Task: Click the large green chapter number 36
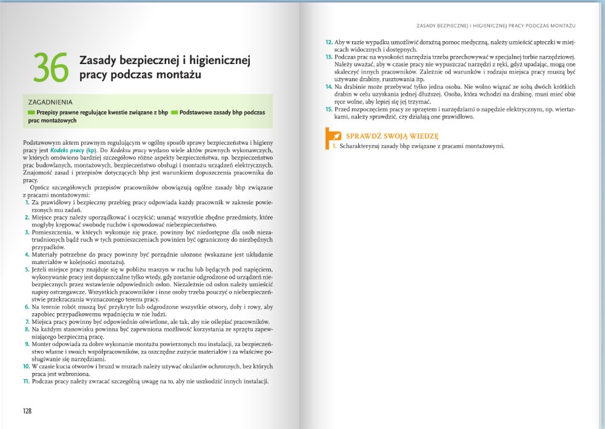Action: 51,67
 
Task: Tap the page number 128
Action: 27,411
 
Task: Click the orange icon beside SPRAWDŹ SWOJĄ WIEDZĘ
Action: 333,135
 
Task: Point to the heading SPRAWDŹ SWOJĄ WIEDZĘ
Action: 391,136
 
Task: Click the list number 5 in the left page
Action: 26,270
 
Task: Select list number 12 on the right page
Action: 329,42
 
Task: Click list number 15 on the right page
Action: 329,109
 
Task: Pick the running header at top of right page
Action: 496,26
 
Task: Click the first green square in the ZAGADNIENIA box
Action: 31,113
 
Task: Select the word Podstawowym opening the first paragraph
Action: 44,142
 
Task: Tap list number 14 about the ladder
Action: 329,87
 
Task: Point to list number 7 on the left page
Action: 27,321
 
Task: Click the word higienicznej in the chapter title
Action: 218,61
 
